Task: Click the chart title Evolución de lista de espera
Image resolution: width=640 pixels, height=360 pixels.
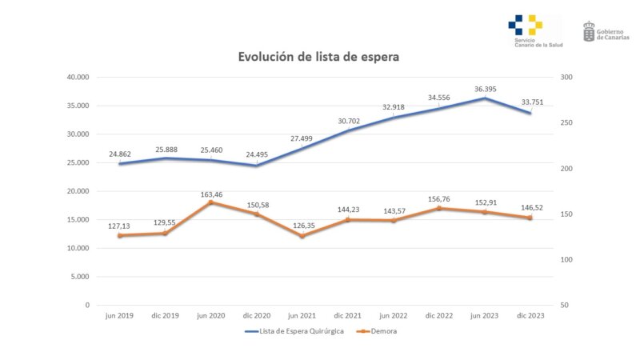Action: pos(318,57)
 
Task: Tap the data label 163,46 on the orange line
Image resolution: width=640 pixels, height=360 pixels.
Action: pos(210,194)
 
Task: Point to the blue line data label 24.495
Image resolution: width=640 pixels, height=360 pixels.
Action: pos(256,155)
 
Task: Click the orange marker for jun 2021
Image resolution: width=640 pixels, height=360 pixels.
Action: pos(302,236)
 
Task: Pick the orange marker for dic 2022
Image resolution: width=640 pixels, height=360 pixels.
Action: pos(438,208)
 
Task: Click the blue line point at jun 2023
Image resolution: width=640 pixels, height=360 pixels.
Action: pos(484,98)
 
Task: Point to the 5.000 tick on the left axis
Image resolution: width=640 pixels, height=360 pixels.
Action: pos(78,277)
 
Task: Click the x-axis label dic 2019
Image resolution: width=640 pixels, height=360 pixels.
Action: pos(165,316)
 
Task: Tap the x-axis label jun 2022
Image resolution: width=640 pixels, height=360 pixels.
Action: pos(393,316)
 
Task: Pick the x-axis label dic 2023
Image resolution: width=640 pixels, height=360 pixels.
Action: pos(530,316)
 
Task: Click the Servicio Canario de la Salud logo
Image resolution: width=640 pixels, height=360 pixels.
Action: pos(526,30)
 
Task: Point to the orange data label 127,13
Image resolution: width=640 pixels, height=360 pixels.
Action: pos(120,226)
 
